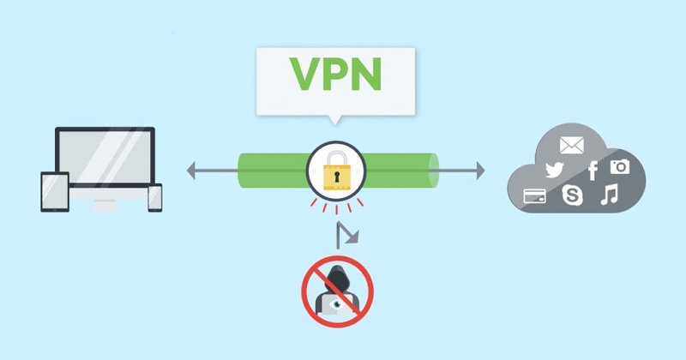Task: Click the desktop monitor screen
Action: (105, 158)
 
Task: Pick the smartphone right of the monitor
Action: (154, 197)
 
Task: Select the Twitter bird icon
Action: (553, 170)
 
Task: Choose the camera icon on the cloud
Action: (619, 166)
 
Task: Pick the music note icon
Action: (609, 195)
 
